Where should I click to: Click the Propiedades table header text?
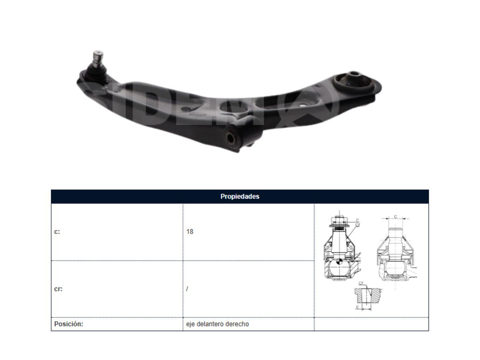[240, 196]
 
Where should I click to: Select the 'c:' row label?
[57, 232]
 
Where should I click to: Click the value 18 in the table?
[190, 232]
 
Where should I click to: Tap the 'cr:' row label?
[58, 289]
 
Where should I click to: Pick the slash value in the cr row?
[187, 289]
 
